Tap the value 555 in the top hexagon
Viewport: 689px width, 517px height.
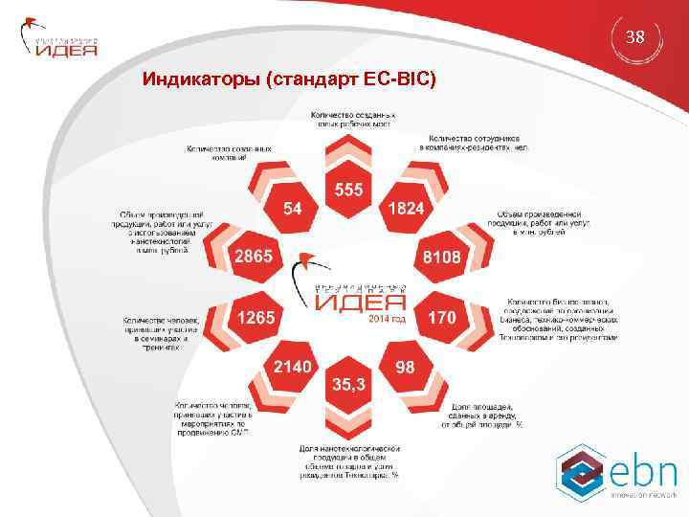tap(348, 190)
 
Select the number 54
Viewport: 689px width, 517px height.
tap(294, 209)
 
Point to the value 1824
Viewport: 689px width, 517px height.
tap(404, 209)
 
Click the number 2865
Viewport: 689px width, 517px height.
tap(255, 256)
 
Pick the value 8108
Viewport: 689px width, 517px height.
tap(442, 257)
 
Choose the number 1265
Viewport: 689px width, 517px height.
tap(256, 317)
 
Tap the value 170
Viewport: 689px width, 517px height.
tap(441, 317)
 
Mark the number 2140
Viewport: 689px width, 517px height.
tap(293, 367)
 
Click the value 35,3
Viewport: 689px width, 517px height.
tap(348, 384)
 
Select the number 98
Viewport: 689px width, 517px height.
tap(404, 367)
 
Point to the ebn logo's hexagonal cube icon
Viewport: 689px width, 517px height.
tap(582, 471)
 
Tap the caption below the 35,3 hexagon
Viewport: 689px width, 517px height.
tap(348, 461)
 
